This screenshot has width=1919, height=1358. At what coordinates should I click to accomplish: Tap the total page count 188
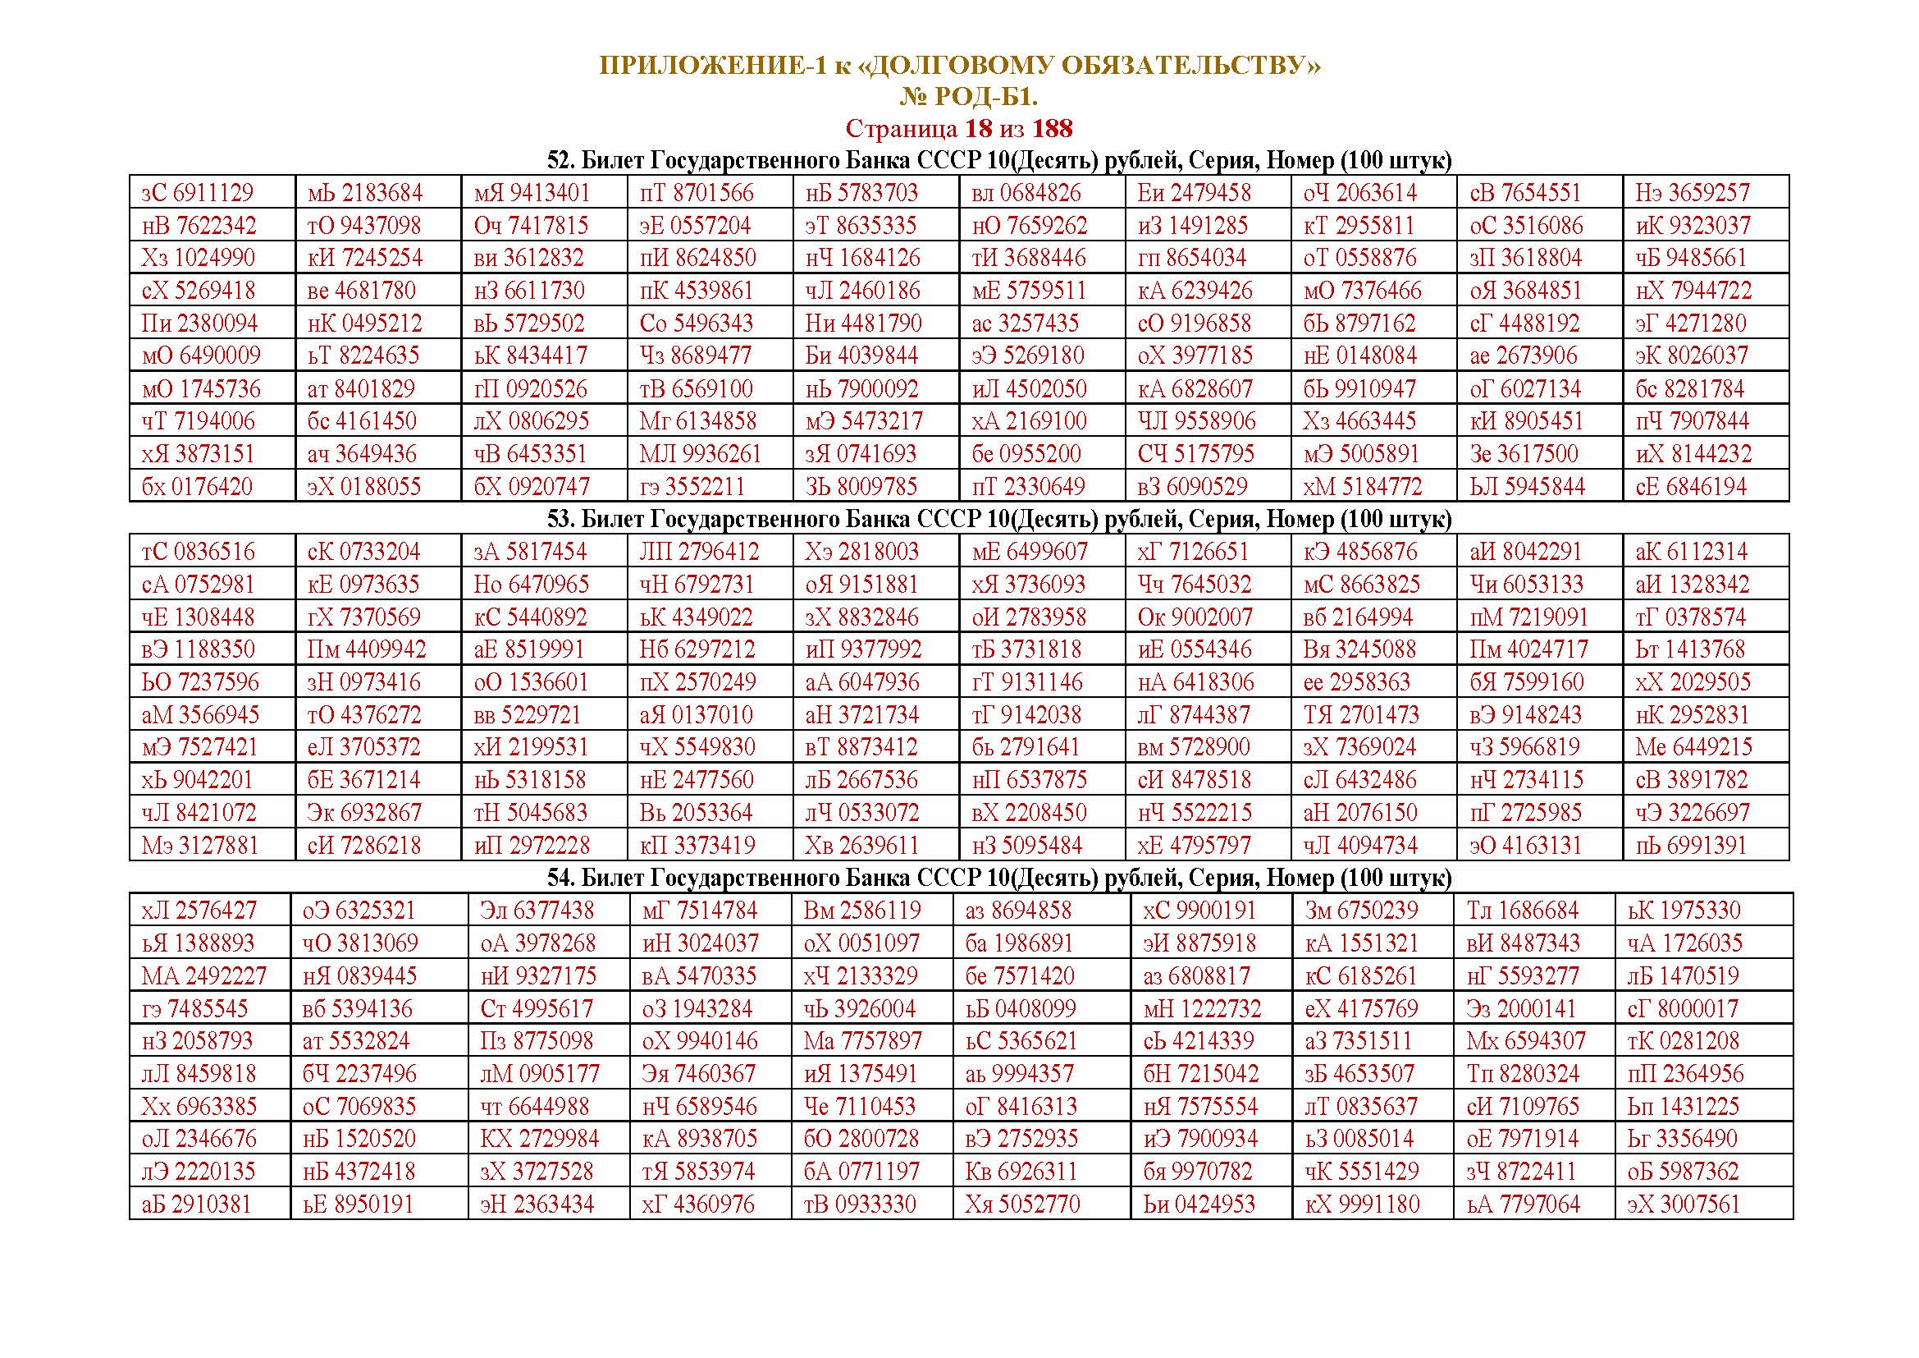click(1053, 129)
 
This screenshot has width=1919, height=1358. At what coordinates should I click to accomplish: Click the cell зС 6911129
click(197, 193)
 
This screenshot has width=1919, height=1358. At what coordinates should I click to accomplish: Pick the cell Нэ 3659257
click(1692, 193)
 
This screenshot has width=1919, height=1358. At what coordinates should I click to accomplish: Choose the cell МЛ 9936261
click(701, 454)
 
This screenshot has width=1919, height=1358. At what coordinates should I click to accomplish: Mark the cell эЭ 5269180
click(1027, 356)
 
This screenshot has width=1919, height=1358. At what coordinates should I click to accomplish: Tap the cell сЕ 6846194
click(1691, 487)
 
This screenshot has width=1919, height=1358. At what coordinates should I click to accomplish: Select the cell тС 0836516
click(198, 552)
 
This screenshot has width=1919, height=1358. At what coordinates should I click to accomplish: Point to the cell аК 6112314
click(1691, 552)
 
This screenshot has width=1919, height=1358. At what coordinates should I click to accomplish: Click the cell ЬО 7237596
click(199, 682)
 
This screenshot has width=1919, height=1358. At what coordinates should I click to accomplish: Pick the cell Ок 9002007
click(1195, 617)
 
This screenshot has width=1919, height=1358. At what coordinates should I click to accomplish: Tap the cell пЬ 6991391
click(1691, 846)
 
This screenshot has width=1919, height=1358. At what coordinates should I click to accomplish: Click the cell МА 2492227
click(203, 976)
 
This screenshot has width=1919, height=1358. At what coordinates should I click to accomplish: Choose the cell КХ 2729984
click(539, 1139)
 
